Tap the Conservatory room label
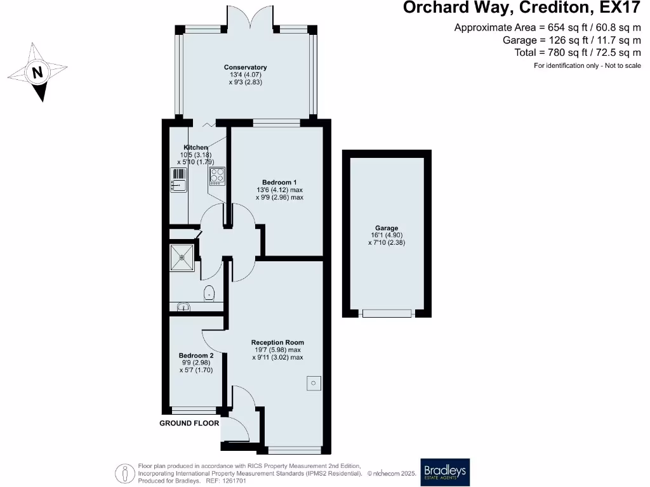[245, 67]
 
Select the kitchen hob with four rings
[217, 176]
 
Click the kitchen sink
[177, 181]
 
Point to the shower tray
[184, 258]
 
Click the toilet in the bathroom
[209, 293]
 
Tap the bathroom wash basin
[183, 308]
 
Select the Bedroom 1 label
[279, 183]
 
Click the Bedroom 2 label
[196, 356]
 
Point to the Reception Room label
[277, 342]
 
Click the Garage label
[386, 228]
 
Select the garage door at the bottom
[387, 313]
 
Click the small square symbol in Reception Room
[314, 383]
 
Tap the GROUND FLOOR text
[189, 423]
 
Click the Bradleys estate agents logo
[444, 472]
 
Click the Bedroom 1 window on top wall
[276, 122]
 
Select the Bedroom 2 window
[196, 410]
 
